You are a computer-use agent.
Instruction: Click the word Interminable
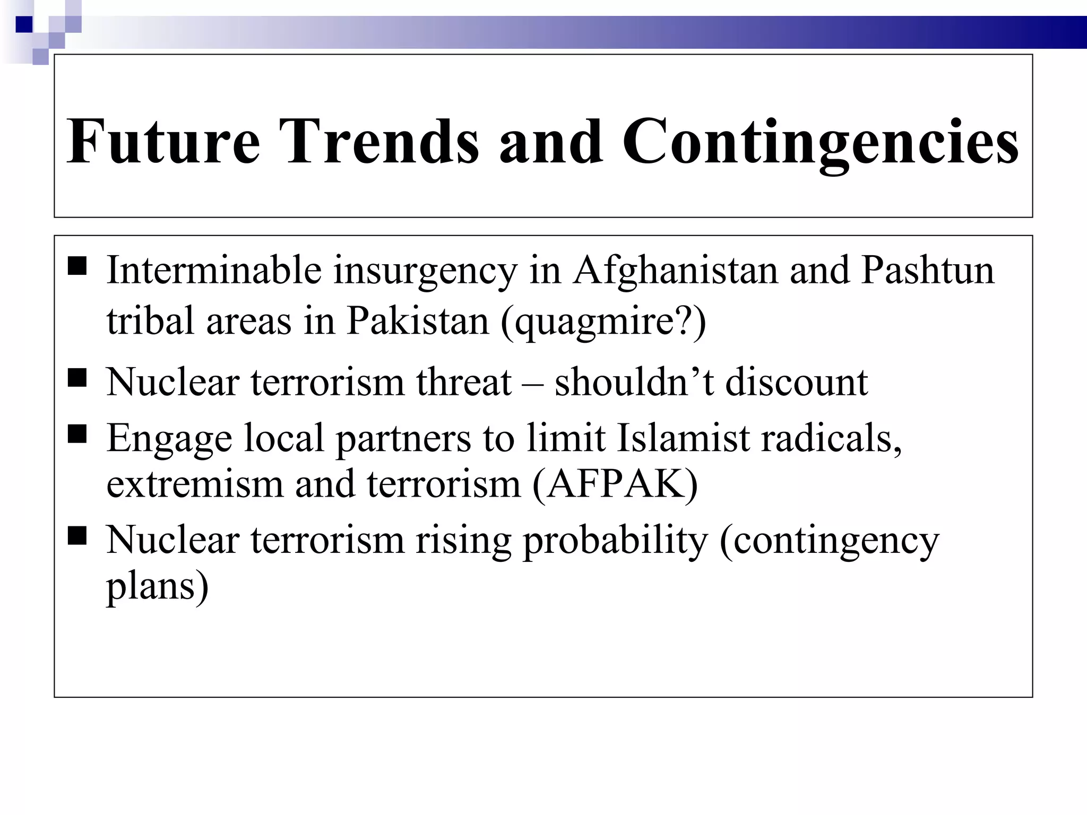coord(214,270)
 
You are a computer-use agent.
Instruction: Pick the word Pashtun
coord(927,270)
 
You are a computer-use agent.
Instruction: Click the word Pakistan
coord(417,321)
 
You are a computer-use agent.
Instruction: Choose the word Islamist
coord(684,438)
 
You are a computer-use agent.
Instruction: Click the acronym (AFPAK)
coord(615,484)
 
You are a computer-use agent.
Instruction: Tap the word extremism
coord(195,484)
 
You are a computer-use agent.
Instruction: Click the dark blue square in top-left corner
coord(24,24)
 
